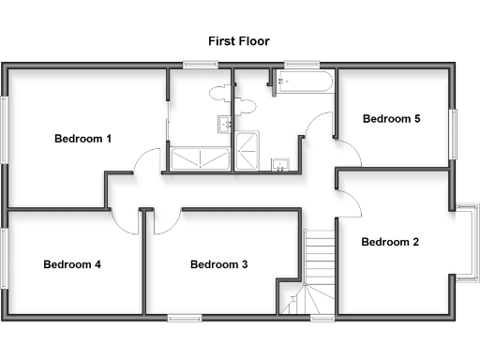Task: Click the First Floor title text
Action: pos(240,41)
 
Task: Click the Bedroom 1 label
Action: pos(82,139)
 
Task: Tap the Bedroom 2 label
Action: pos(390,242)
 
